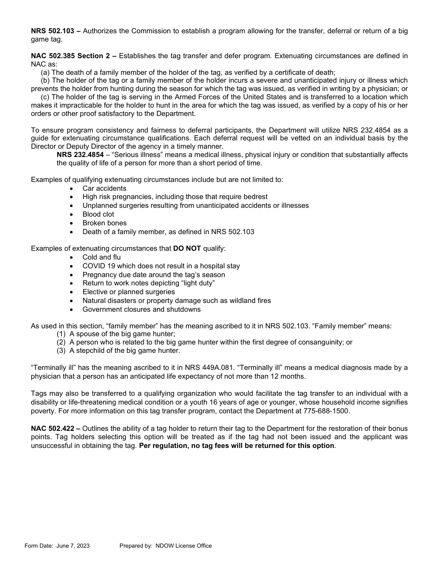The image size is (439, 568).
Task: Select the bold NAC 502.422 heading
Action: click(53, 429)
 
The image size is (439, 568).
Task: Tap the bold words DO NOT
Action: click(187, 248)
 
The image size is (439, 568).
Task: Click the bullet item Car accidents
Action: click(104, 188)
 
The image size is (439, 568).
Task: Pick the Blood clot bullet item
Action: click(98, 214)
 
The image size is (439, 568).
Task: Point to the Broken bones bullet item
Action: click(104, 223)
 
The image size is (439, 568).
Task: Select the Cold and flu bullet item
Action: click(102, 257)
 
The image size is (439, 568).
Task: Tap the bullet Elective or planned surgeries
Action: click(128, 292)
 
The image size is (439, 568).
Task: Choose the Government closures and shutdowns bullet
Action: click(141, 309)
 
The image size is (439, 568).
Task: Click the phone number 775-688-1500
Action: click(326, 411)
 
